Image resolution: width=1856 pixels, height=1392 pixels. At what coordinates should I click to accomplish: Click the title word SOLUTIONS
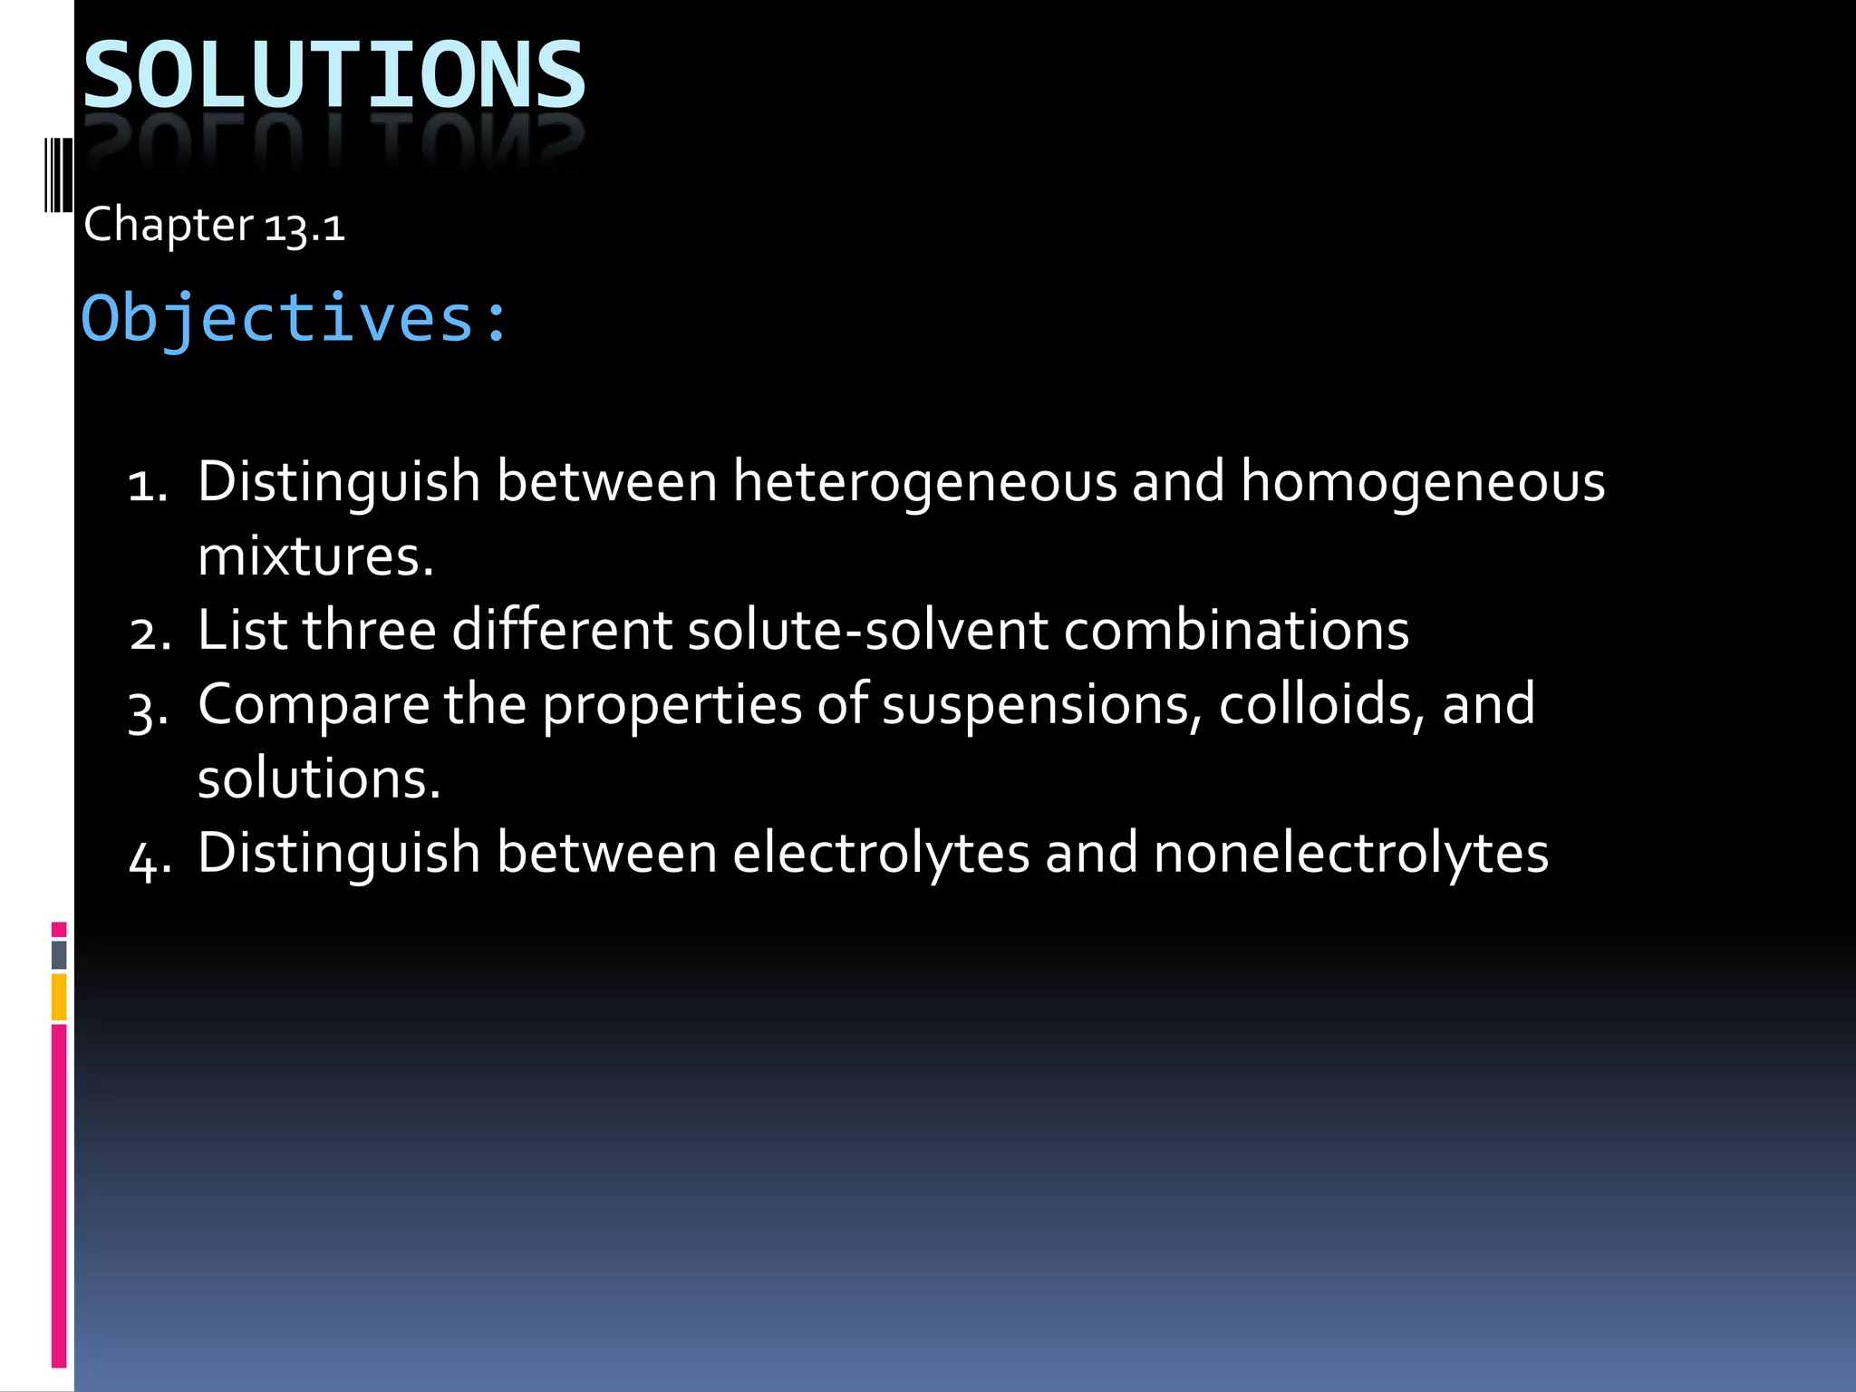click(x=334, y=75)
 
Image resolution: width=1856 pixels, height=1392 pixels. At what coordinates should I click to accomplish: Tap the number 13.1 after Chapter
click(x=304, y=226)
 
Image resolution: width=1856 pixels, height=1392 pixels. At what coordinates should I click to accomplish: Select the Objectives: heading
click(x=295, y=319)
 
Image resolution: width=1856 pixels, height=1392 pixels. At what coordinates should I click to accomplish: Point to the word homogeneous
click(x=1422, y=481)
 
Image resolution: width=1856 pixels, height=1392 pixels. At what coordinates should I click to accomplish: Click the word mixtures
click(x=315, y=556)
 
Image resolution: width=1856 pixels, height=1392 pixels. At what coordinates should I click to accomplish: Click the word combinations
click(x=1236, y=630)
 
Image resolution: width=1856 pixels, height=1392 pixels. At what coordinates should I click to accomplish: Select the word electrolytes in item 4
click(x=881, y=854)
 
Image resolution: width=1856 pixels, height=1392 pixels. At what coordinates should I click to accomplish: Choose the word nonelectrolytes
click(x=1350, y=854)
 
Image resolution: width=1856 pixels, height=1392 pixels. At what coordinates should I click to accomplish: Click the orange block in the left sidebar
click(x=59, y=996)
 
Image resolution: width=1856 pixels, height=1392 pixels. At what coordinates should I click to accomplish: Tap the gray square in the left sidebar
click(x=59, y=954)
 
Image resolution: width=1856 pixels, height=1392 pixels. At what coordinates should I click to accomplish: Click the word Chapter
click(x=169, y=226)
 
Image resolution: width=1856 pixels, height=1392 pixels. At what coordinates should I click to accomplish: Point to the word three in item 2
click(x=370, y=630)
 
